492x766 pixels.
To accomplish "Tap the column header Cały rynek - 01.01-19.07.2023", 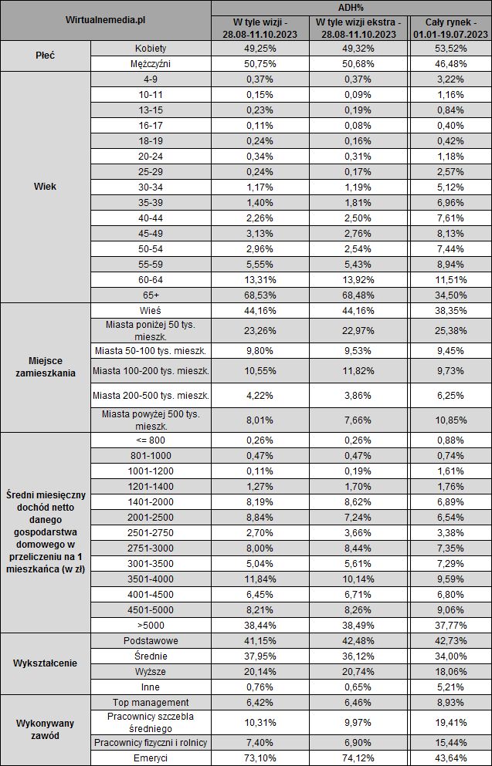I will point(450,28).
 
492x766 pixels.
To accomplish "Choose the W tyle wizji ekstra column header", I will point(357,28).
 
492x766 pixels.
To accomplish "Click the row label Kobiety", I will point(151,49).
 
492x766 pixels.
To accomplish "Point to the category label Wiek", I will point(46,186).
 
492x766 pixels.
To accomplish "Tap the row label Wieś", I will point(151,310).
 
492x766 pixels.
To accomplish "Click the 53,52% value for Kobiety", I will point(450,49).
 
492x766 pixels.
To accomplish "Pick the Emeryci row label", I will point(151,759).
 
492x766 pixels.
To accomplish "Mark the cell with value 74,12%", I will point(357,759).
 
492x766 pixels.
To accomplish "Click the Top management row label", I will point(151,703).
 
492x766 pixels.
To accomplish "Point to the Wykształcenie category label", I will point(46,663).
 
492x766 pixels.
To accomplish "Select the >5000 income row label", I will point(151,626).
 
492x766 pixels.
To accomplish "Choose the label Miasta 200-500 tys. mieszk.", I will point(151,396).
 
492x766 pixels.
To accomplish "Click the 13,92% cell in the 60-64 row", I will point(357,280).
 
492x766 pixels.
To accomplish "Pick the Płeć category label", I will point(46,56).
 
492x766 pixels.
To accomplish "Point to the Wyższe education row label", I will point(151,671).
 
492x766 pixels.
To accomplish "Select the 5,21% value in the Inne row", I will point(450,687).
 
